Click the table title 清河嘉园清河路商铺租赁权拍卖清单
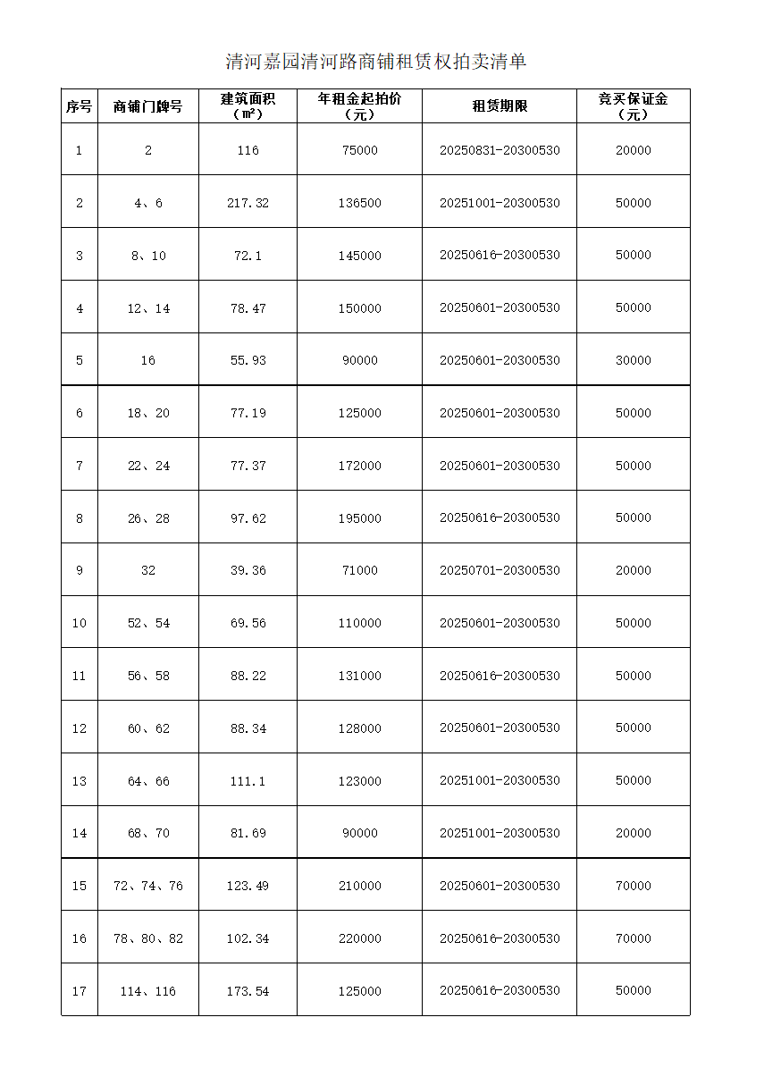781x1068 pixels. click(376, 62)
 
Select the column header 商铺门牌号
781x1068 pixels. click(148, 106)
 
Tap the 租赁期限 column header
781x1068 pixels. click(500, 106)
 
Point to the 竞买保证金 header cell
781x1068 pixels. click(633, 105)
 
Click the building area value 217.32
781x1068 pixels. click(248, 203)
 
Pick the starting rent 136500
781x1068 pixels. click(359, 203)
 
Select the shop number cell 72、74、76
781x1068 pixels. click(148, 886)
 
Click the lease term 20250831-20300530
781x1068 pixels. click(500, 150)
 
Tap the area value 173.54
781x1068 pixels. click(248, 991)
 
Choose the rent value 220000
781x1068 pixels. click(359, 938)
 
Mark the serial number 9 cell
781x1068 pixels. click(80, 570)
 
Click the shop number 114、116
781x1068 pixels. click(148, 991)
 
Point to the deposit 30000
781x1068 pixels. click(633, 360)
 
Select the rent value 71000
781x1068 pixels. click(359, 570)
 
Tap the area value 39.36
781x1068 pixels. click(248, 570)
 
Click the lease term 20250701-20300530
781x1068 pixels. click(500, 570)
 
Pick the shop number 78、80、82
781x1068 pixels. click(148, 938)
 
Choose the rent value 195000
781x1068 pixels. click(359, 518)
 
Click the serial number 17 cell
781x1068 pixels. click(80, 991)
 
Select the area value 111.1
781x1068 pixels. click(248, 781)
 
